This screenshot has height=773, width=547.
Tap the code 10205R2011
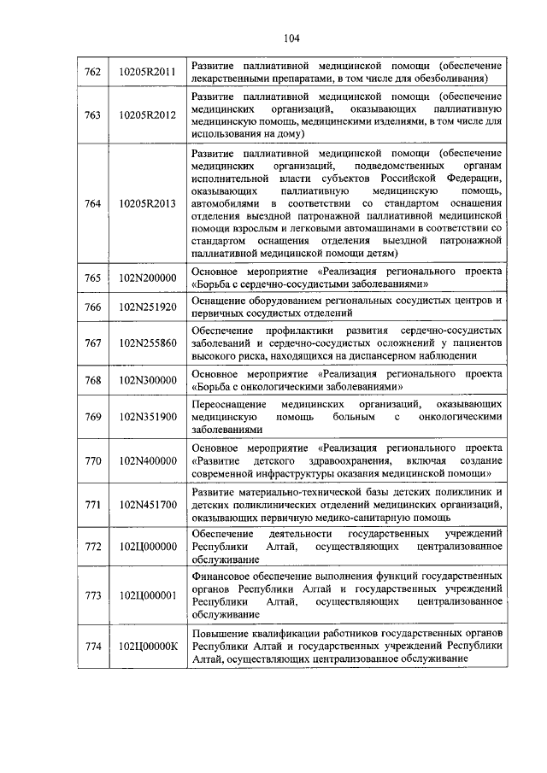147,72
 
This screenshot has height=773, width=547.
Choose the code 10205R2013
147,203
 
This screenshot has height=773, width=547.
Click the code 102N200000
147,278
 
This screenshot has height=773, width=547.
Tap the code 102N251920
147,307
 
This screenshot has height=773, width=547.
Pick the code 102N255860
147,343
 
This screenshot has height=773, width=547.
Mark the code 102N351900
147,417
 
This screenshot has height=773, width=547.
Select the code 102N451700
147,506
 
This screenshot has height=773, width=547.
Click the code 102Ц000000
147,547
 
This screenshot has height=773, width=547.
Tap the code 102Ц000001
147,595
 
